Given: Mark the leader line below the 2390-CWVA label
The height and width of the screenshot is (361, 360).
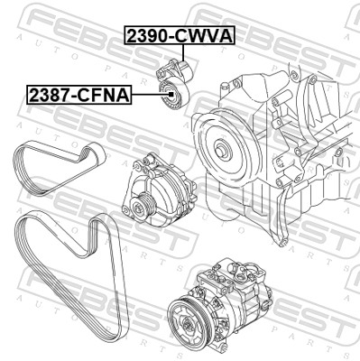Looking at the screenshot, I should pos(184,54).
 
